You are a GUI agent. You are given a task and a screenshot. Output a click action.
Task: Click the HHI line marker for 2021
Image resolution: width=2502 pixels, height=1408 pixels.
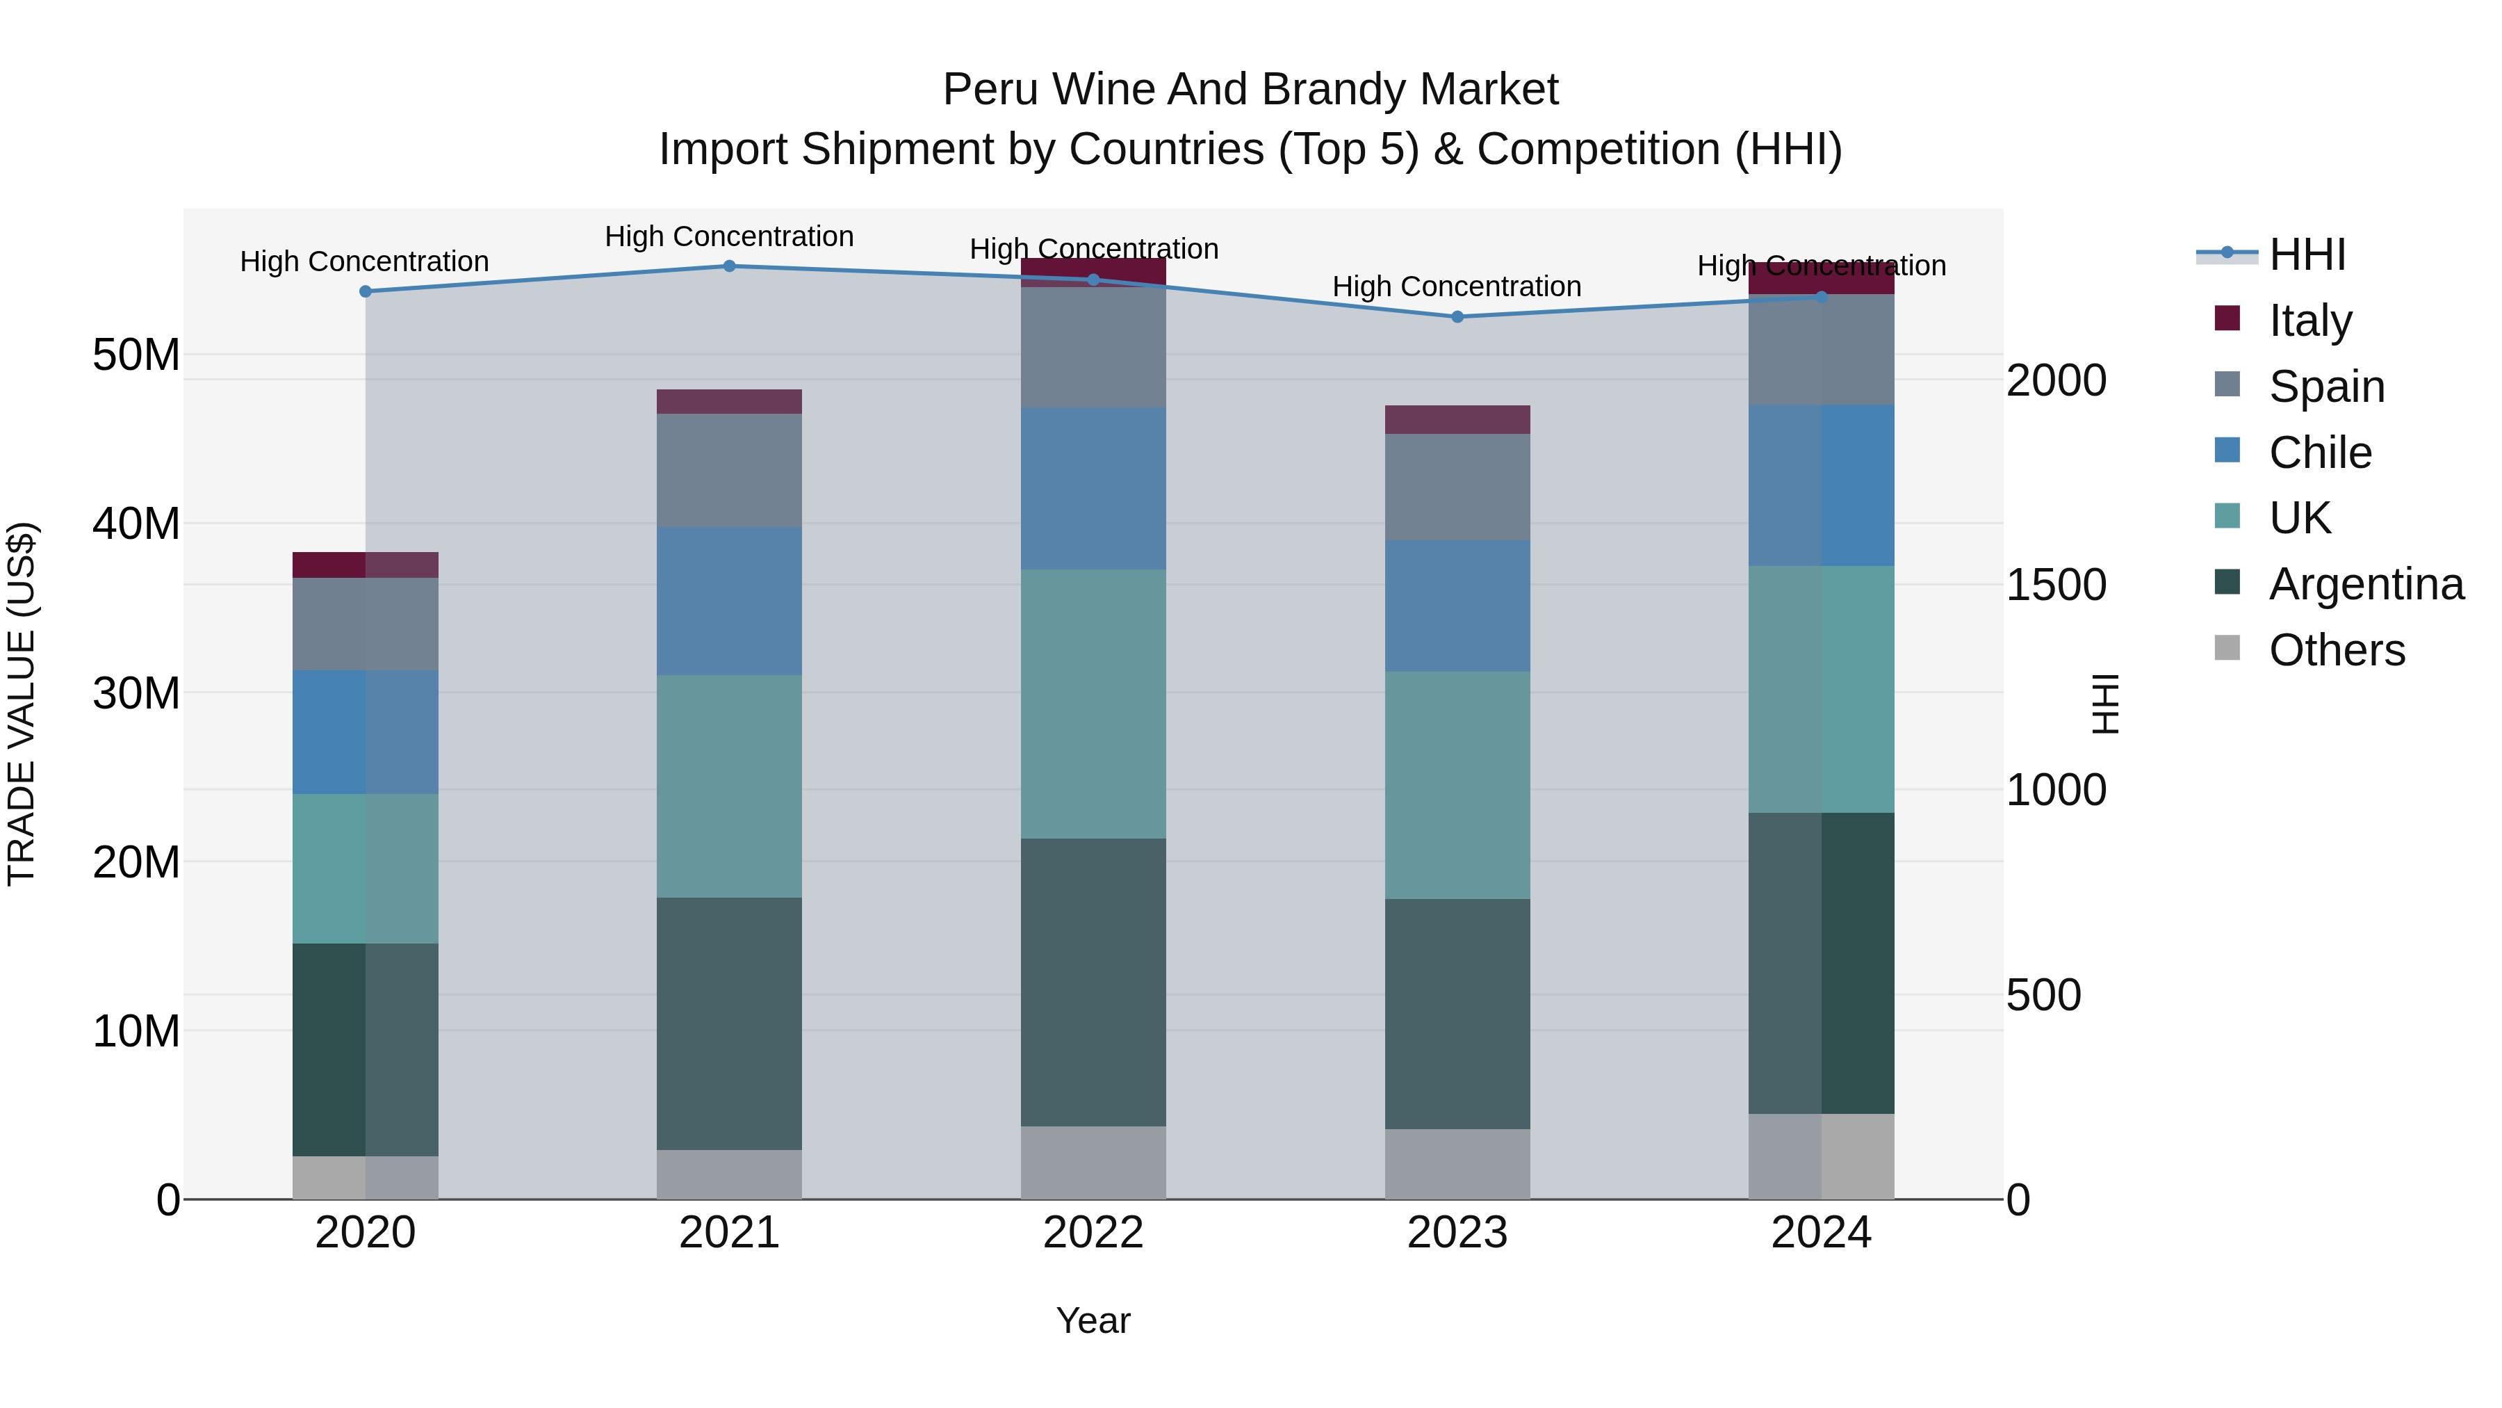click(x=730, y=266)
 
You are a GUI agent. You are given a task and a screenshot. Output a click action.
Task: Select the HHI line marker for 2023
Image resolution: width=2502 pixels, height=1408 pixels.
click(x=1457, y=317)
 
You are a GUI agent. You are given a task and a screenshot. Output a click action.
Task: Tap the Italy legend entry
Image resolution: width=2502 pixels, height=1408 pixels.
click(x=2309, y=320)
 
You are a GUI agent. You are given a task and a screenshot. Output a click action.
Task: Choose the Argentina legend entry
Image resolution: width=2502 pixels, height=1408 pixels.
click(x=2365, y=584)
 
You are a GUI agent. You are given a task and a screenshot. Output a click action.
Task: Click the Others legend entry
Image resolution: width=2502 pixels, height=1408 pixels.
click(x=2336, y=650)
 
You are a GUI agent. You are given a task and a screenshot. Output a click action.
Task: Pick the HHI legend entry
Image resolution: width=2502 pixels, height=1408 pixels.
click(x=2307, y=254)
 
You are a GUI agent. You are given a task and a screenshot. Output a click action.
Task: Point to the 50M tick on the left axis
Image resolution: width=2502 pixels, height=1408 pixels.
click(x=136, y=355)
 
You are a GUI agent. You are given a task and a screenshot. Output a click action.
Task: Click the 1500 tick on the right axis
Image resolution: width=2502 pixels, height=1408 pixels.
click(x=2057, y=585)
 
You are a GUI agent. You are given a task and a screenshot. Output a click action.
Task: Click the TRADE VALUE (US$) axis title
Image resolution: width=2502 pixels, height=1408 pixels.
click(x=22, y=704)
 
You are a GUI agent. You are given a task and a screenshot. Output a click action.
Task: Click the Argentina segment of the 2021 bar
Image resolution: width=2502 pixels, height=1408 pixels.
click(x=730, y=1023)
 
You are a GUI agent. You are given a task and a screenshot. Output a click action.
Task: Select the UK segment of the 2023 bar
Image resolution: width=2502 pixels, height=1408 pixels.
click(x=1457, y=785)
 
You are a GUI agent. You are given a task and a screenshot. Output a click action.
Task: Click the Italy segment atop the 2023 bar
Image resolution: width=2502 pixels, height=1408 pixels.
click(x=1457, y=420)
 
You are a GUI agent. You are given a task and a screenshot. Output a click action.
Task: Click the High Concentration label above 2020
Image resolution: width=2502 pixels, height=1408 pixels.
click(x=364, y=261)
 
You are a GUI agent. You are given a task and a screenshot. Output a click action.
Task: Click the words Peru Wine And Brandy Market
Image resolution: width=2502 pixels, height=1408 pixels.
click(x=1250, y=90)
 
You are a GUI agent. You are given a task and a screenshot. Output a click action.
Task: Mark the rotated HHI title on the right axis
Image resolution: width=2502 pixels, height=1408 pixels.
click(x=2104, y=704)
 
